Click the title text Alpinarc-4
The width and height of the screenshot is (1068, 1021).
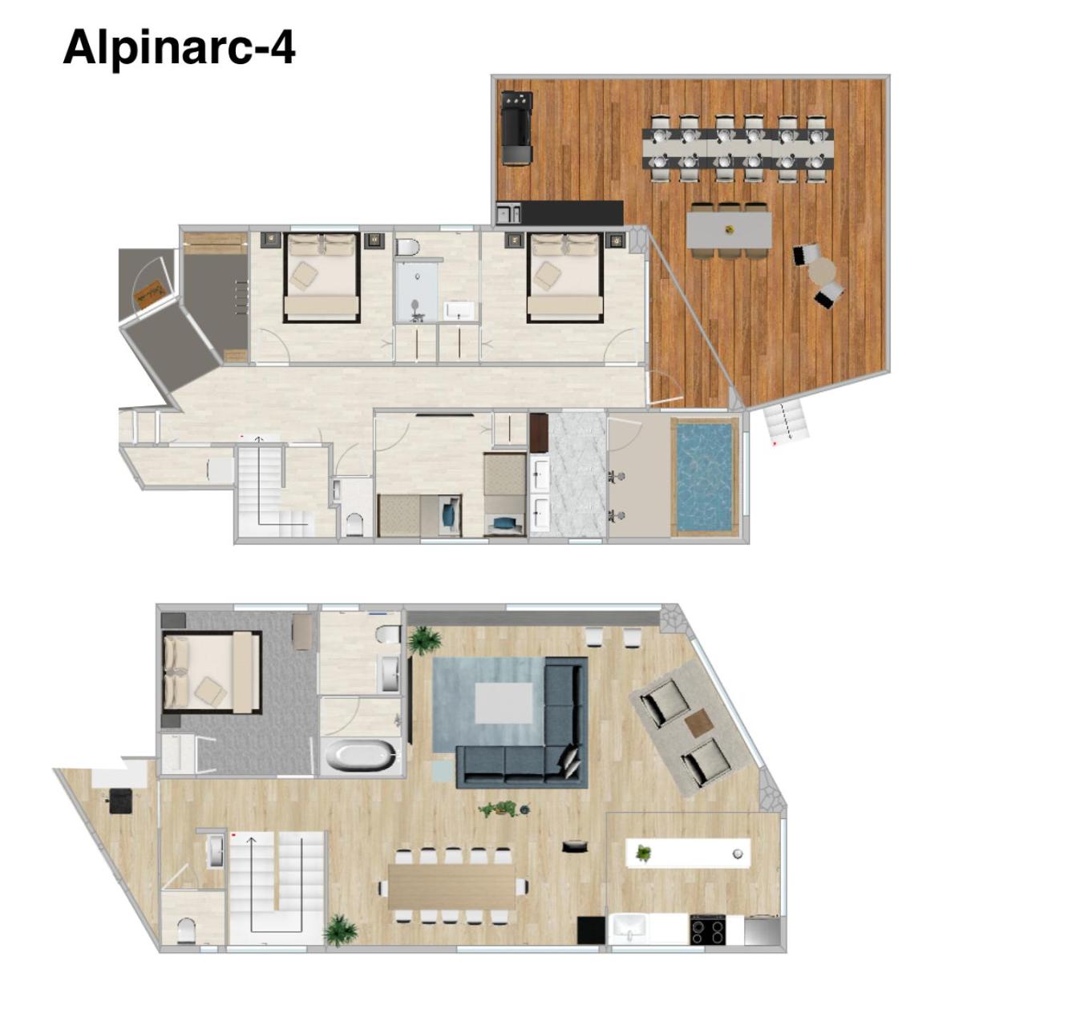(x=180, y=48)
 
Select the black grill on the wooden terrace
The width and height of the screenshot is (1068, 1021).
(x=516, y=128)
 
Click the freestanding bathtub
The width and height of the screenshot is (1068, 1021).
(x=359, y=756)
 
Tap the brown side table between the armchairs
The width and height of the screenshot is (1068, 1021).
(x=699, y=723)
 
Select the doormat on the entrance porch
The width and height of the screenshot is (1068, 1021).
(x=149, y=297)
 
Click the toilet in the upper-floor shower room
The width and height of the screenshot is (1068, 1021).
(x=407, y=248)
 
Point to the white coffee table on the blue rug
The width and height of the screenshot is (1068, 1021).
(x=504, y=704)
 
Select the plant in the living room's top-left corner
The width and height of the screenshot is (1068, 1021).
(x=423, y=640)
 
